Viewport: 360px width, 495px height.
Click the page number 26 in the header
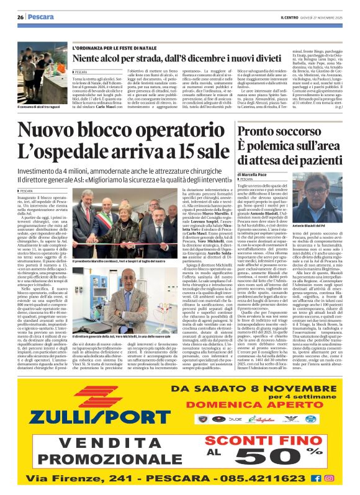pos(20,17)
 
